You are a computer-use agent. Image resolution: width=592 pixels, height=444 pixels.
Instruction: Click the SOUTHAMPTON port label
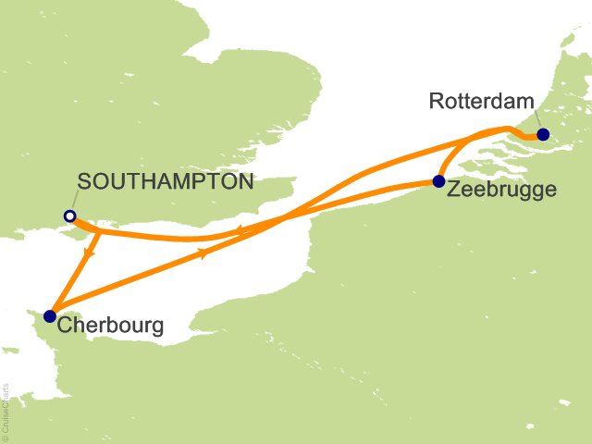pos(165,182)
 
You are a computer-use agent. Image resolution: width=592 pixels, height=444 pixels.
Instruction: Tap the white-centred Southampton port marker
pos(69,216)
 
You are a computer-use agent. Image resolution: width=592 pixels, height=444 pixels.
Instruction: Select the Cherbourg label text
pos(110,326)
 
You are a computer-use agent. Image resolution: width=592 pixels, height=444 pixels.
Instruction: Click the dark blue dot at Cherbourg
pos(49,316)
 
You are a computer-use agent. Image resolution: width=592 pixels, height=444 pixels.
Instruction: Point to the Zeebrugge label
pos(502,190)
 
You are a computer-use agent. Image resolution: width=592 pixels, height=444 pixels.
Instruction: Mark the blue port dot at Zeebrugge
pos(438,180)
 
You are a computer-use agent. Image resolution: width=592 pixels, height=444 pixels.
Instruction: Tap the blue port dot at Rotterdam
pos(542,133)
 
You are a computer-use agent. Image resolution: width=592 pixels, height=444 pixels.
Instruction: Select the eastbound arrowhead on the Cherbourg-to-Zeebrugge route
pos(202,253)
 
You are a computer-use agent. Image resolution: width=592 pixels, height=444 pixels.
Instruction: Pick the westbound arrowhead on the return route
pos(240,231)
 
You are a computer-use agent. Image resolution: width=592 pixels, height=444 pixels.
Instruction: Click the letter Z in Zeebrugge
pos(453,190)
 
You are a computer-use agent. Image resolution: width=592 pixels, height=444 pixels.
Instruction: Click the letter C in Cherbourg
pos(64,326)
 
